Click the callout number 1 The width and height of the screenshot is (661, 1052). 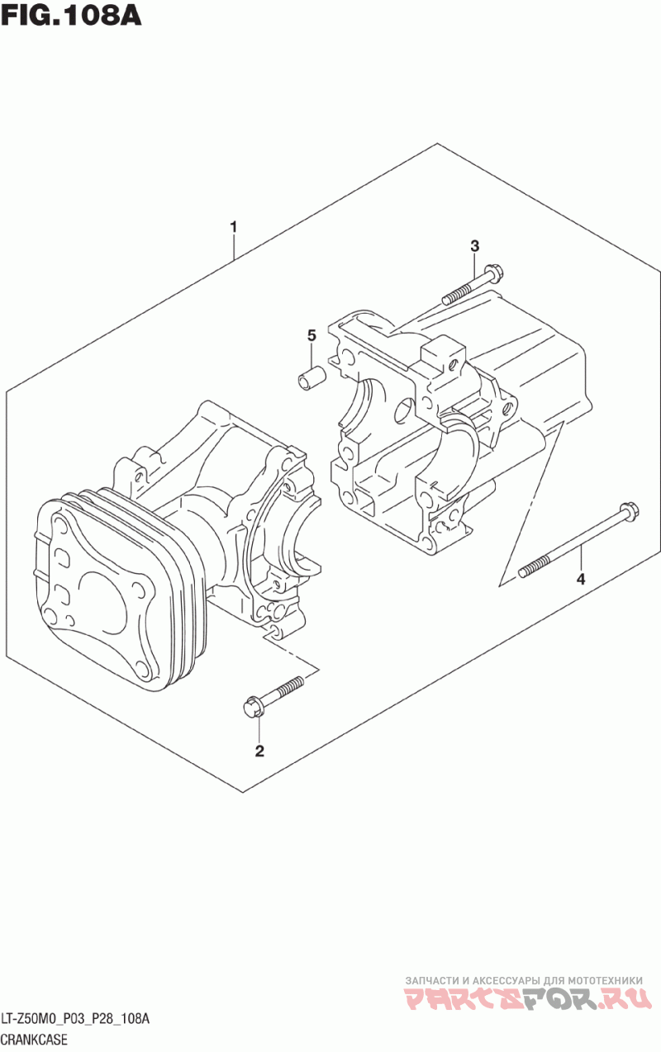pos(234,226)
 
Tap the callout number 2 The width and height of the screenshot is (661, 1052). pos(259,751)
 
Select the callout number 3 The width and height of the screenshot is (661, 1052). pos(474,245)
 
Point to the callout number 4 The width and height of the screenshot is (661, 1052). pos(581,579)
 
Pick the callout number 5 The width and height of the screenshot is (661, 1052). pos(311,335)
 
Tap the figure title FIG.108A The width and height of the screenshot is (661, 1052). pos(72,17)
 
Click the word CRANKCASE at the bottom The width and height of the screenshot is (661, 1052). pos(34,1040)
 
